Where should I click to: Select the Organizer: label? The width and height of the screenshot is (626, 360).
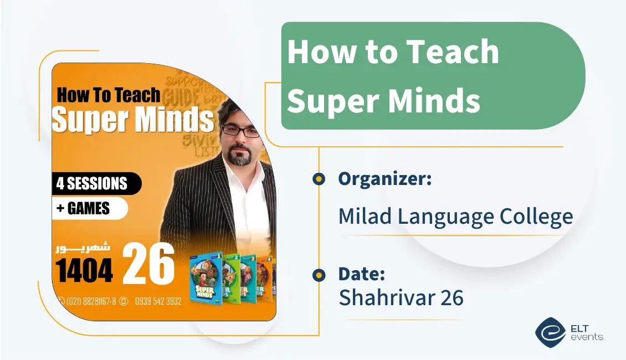coord(384,179)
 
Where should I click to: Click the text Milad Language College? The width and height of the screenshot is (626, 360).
coord(455,217)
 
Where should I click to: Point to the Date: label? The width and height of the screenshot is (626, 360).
coord(361,274)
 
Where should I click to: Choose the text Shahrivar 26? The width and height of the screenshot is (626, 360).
coord(401,298)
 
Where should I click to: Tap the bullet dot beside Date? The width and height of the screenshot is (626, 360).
coord(319,275)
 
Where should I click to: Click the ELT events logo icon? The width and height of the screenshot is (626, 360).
coord(550,332)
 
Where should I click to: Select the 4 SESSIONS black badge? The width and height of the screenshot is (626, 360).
coord(94,183)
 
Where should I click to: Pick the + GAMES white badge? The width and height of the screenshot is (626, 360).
coord(89,208)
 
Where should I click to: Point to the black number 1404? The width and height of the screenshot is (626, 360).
coord(84,271)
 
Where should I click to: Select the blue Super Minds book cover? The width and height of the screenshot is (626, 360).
coord(206,279)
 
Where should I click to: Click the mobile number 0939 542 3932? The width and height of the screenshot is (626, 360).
coord(157,301)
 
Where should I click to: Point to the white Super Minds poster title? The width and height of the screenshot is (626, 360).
coord(133,119)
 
